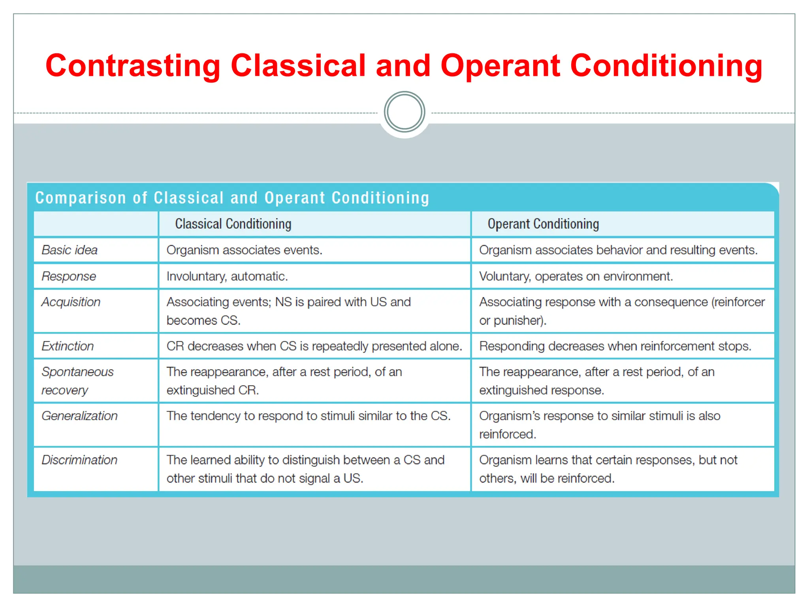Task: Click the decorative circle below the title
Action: [x=404, y=112]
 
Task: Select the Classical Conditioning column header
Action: [x=233, y=224]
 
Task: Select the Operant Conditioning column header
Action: [x=543, y=224]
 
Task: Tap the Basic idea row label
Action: [x=70, y=250]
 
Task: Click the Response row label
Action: [x=69, y=276]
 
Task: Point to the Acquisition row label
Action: [x=71, y=302]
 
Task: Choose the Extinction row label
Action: [x=68, y=346]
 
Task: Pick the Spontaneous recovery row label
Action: [x=77, y=381]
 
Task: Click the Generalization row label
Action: [x=79, y=416]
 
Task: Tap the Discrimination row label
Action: [x=79, y=460]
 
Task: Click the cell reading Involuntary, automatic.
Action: [x=227, y=276]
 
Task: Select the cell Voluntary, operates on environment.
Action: [x=576, y=276]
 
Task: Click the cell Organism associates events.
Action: [x=244, y=250]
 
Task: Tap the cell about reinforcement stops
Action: [x=615, y=346]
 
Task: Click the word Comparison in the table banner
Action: [x=81, y=198]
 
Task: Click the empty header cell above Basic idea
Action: [x=96, y=224]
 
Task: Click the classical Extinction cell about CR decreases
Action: [x=314, y=346]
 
